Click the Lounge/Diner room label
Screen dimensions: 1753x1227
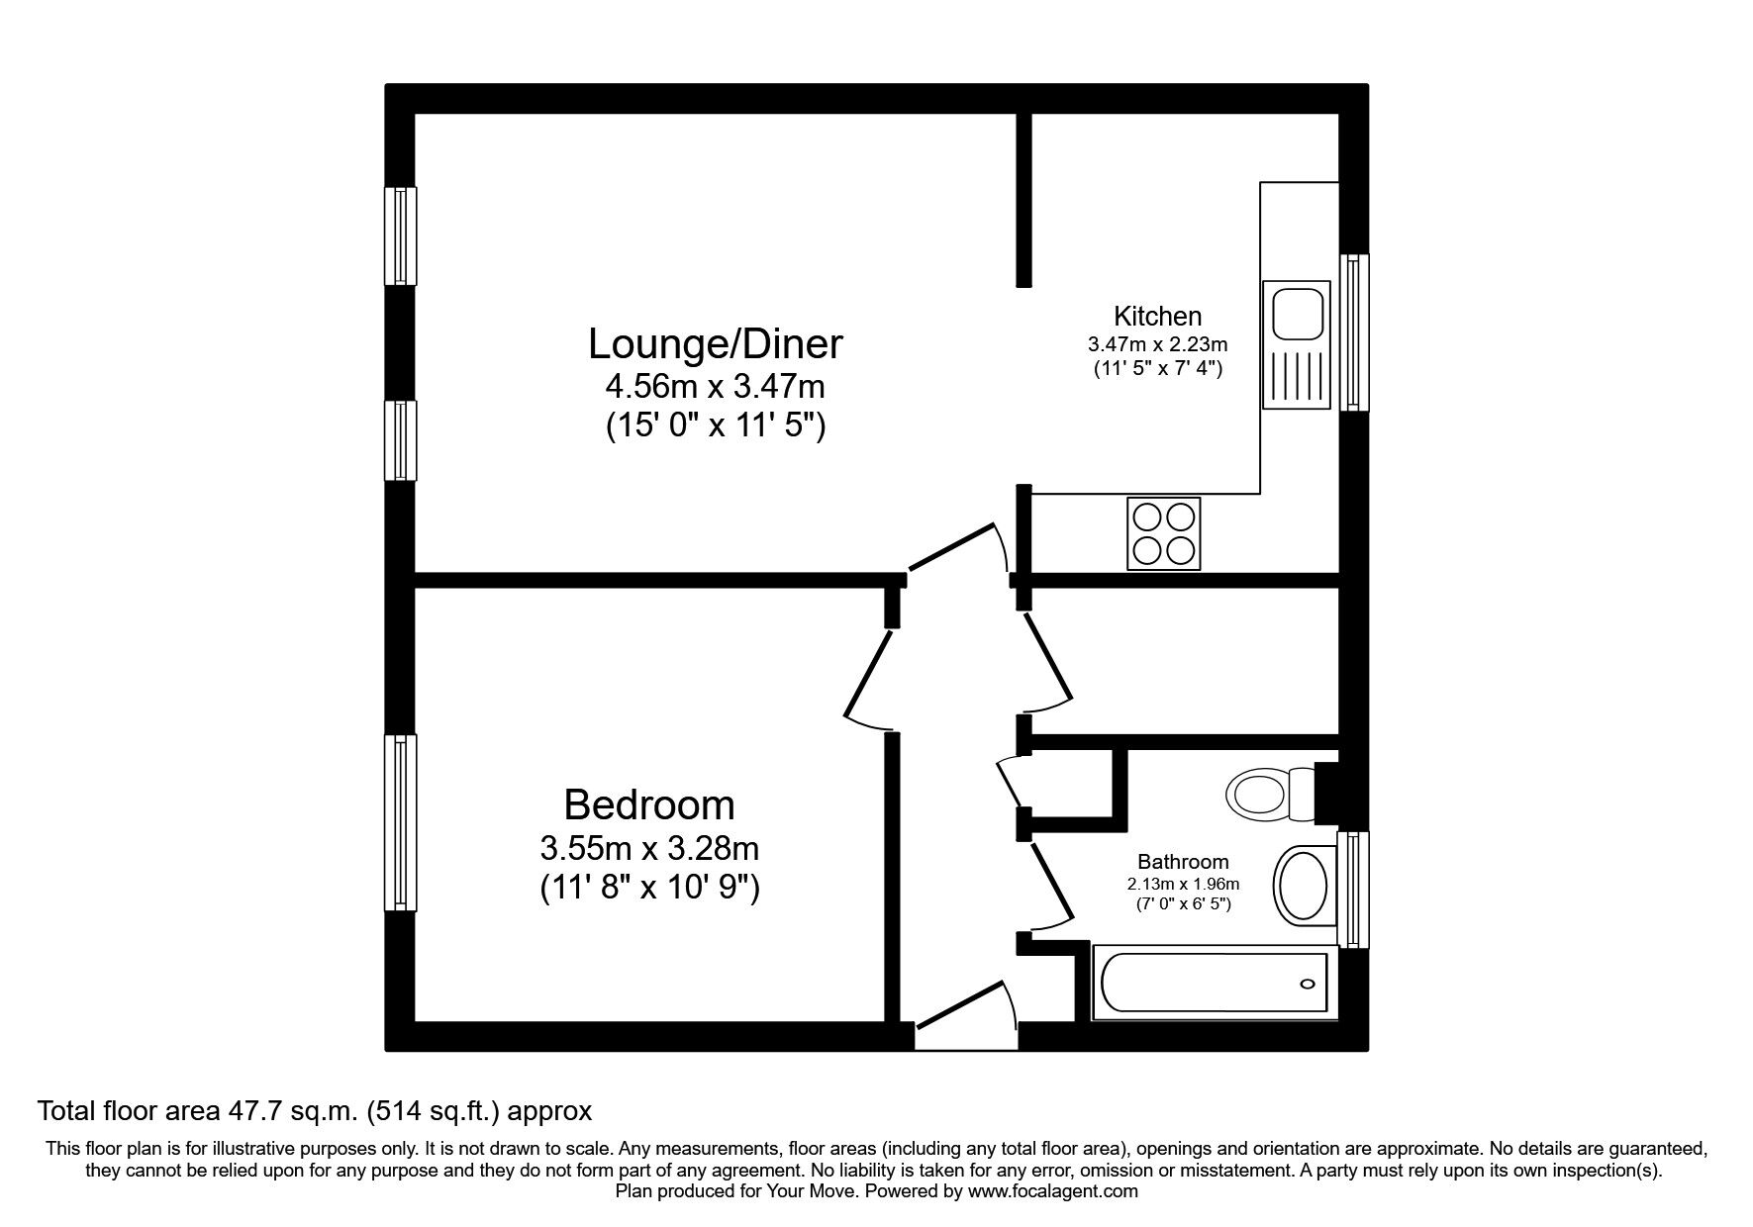point(715,344)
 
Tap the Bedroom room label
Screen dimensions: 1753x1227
point(649,805)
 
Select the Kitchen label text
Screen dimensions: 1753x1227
point(1158,317)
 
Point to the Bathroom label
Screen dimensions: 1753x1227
point(1183,862)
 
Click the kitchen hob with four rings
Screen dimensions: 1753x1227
point(1164,533)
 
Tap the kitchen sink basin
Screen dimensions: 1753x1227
point(1298,312)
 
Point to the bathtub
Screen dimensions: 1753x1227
point(1215,983)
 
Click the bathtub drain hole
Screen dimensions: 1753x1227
point(1308,984)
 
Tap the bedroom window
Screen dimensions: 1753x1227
point(400,822)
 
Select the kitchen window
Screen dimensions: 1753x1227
point(1354,332)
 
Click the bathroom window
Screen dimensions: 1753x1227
point(1353,890)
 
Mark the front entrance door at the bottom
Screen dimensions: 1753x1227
point(966,1014)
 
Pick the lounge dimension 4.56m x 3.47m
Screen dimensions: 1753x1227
point(715,385)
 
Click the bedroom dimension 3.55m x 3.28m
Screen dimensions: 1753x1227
point(649,848)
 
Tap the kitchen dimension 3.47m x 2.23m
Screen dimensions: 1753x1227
point(1158,345)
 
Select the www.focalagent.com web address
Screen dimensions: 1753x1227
point(1053,1191)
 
